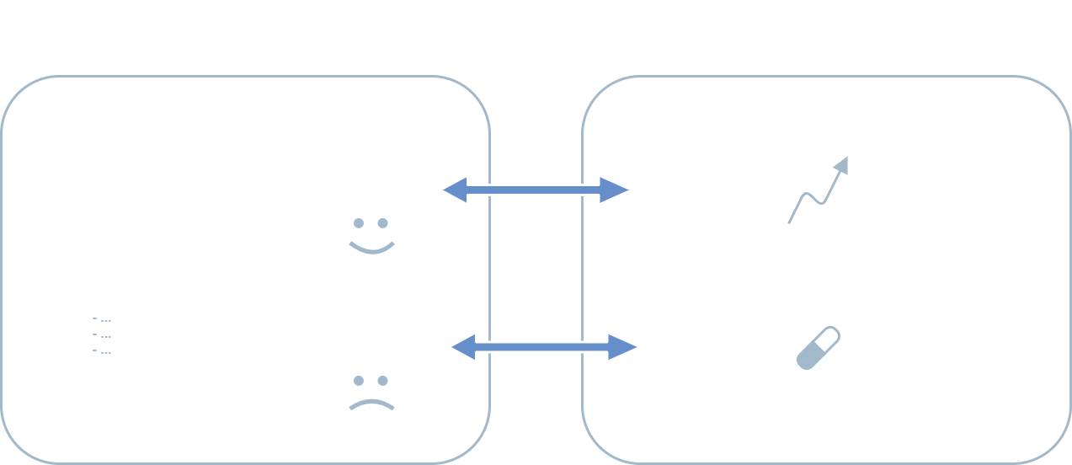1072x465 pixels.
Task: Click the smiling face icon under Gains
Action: [x=371, y=236]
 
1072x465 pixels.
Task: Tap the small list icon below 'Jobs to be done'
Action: [x=102, y=335]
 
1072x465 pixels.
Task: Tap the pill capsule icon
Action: [x=819, y=348]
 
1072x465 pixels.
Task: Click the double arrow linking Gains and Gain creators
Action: [x=536, y=190]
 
